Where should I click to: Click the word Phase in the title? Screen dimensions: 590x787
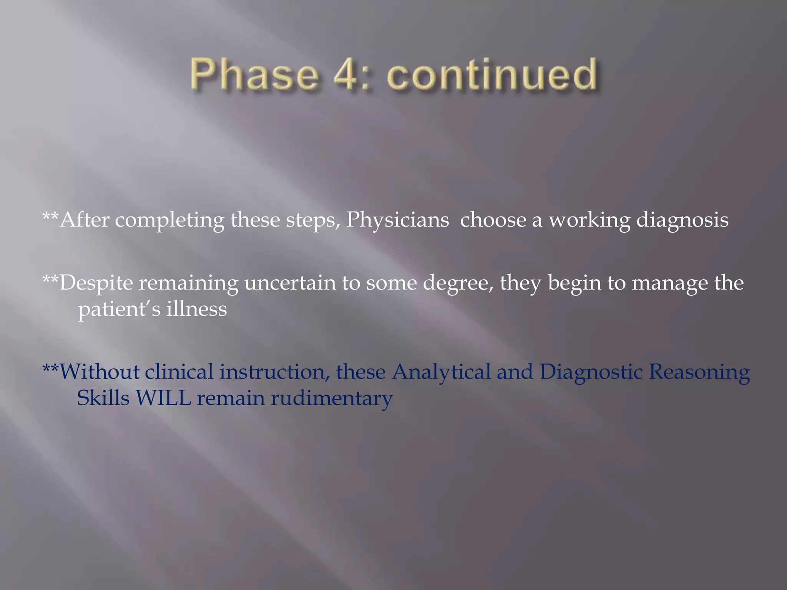point(254,75)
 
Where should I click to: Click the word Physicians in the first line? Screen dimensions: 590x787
point(397,220)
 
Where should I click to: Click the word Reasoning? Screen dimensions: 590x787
point(699,372)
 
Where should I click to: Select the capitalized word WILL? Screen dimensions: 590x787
point(163,398)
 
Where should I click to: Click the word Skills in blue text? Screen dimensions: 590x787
point(103,398)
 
